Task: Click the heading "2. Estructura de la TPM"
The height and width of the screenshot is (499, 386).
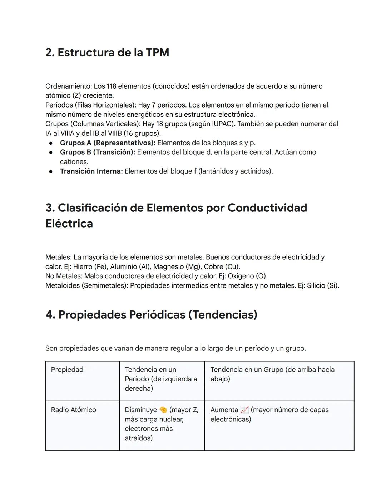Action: [x=107, y=53]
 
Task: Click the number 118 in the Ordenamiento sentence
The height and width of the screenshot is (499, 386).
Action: [x=112, y=86]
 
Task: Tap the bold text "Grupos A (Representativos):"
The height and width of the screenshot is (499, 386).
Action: [x=108, y=143]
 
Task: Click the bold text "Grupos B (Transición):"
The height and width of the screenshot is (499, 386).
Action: [x=98, y=152]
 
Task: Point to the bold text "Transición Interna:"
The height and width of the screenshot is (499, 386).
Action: [x=91, y=171]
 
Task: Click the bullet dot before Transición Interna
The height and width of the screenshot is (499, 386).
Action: [x=51, y=171]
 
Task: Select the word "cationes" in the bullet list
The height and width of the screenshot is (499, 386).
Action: [x=74, y=162]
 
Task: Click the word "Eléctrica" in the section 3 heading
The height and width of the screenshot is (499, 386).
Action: [x=69, y=224]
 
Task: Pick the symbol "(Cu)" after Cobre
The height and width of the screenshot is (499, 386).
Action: [x=232, y=267]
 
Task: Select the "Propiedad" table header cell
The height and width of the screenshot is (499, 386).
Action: [x=67, y=370]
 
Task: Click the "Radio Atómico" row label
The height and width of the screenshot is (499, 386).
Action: [x=73, y=410]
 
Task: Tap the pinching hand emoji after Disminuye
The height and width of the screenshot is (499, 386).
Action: [x=163, y=410]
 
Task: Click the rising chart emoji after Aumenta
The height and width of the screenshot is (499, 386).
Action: [x=244, y=410]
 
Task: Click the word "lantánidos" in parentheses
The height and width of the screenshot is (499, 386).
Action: [x=217, y=171]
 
